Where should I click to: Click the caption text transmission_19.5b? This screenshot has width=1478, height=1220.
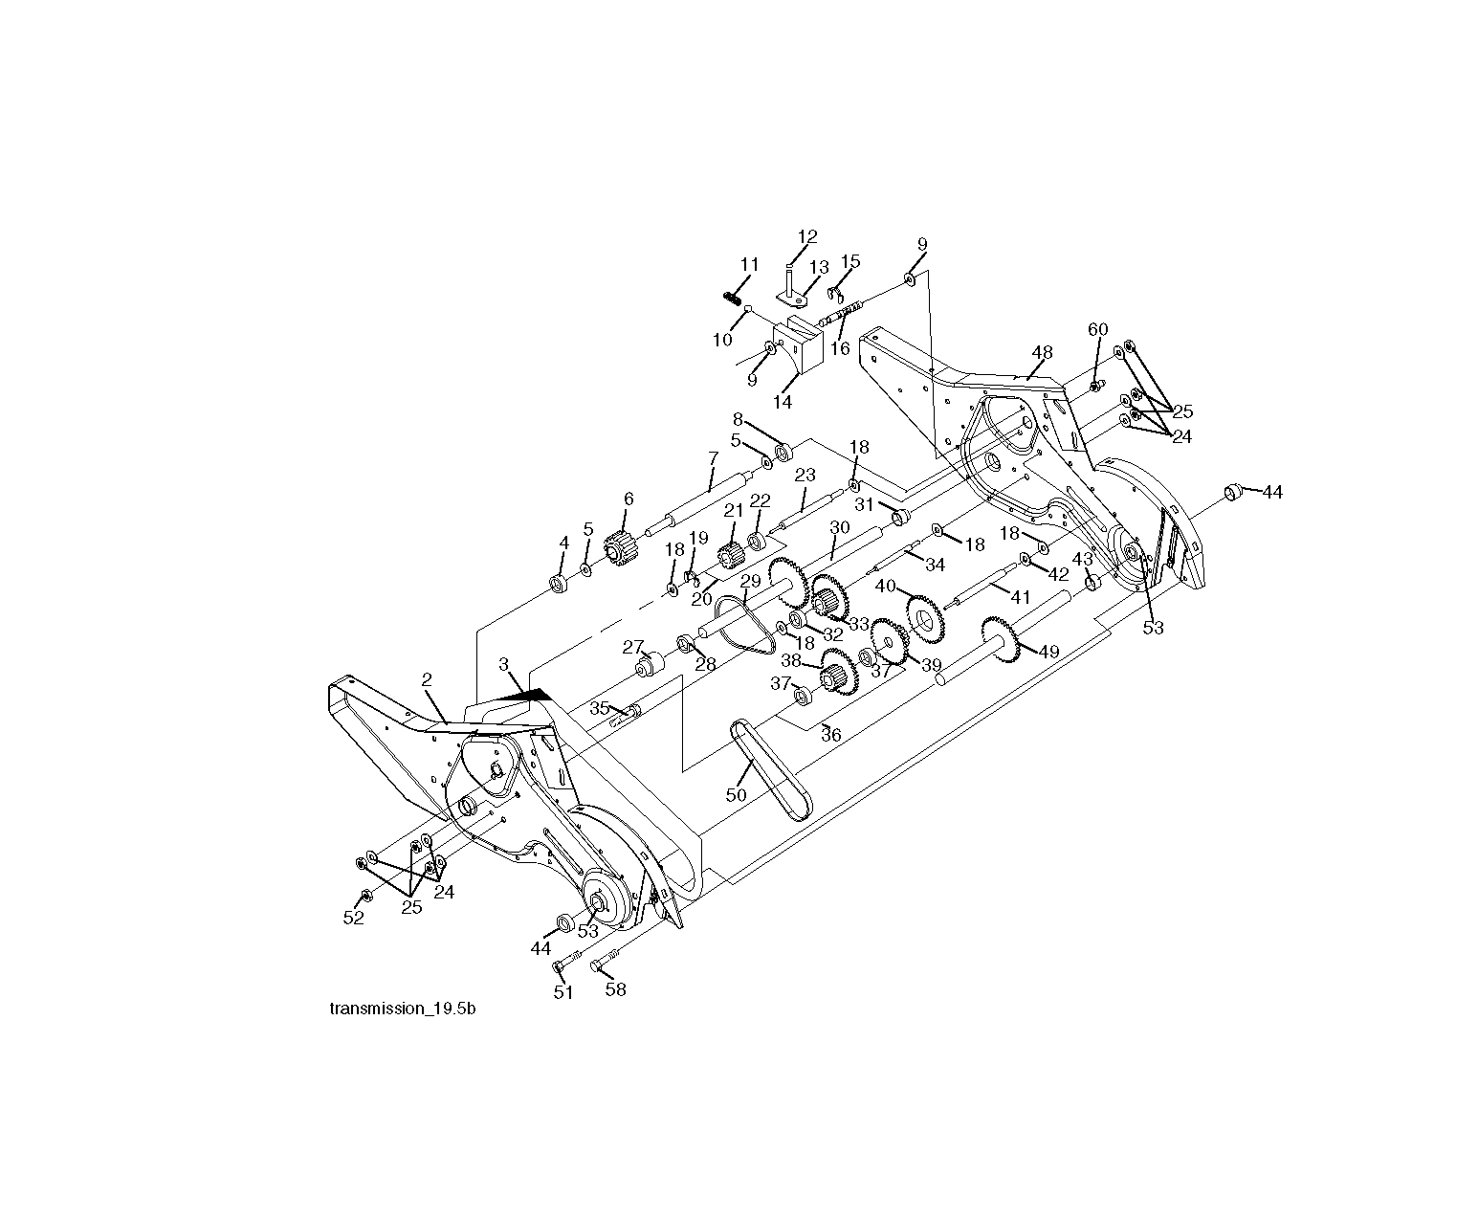pyautogui.click(x=402, y=1009)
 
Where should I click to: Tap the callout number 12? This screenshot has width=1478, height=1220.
pyautogui.click(x=807, y=236)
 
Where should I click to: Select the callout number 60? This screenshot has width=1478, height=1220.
pyautogui.click(x=1098, y=329)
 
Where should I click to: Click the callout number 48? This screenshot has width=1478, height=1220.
pyautogui.click(x=1042, y=352)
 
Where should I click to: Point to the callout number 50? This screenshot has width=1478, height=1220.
pyautogui.click(x=737, y=794)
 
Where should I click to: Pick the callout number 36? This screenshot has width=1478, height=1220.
pyautogui.click(x=831, y=735)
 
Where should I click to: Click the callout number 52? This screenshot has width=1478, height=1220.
pyautogui.click(x=354, y=918)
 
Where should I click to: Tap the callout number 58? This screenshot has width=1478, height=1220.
pyautogui.click(x=616, y=989)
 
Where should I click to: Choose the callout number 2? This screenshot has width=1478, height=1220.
pyautogui.click(x=426, y=679)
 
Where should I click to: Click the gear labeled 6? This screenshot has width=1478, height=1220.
pyautogui.click(x=622, y=547)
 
